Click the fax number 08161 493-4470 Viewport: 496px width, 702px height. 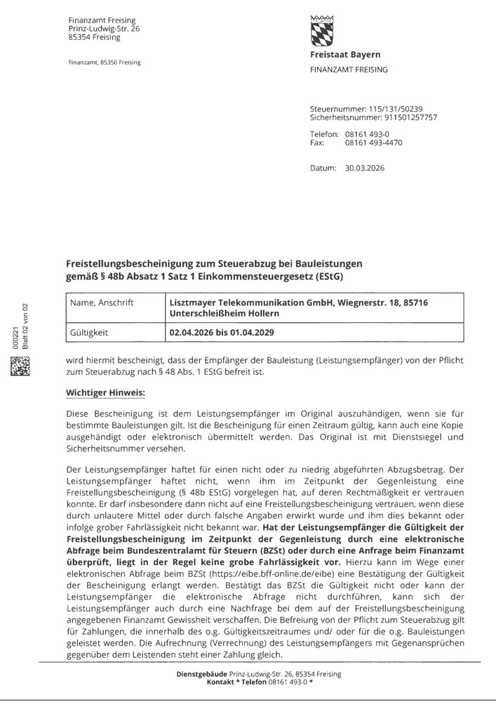[x=373, y=143]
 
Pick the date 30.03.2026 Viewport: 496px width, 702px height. [x=365, y=168]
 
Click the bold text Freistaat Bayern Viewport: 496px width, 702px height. [x=345, y=55]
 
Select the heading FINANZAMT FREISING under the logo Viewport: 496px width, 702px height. [x=349, y=69]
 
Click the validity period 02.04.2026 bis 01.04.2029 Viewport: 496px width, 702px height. [x=222, y=330]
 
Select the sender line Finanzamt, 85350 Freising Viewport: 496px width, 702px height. [x=105, y=62]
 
